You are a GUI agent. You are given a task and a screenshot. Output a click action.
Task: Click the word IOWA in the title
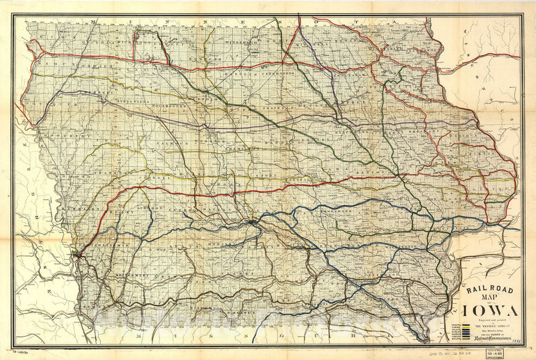click(x=488, y=311)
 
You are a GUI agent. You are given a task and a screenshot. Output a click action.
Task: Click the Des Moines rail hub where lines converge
click(x=255, y=222)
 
